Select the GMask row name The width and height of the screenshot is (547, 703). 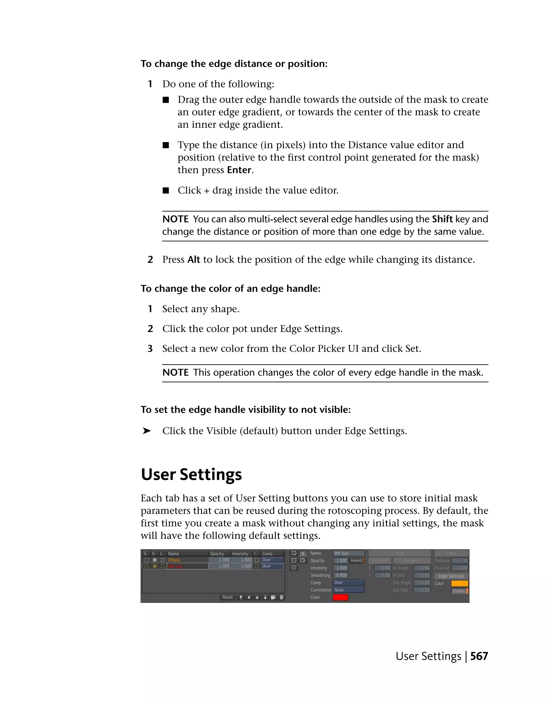(x=174, y=560)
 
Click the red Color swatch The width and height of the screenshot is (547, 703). (x=340, y=598)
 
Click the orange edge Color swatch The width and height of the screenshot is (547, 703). (x=459, y=583)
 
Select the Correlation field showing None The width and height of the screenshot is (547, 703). (x=348, y=590)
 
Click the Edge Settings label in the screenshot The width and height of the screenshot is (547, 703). (x=451, y=576)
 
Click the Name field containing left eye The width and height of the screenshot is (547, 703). (x=348, y=553)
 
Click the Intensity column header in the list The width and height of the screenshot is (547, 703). (x=240, y=554)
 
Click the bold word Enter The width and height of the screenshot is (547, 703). (x=239, y=170)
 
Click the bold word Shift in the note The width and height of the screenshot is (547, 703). (x=442, y=219)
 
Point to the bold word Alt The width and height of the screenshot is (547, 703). (x=194, y=260)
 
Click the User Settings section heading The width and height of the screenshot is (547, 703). (x=191, y=474)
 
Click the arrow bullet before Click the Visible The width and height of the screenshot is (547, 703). (x=147, y=431)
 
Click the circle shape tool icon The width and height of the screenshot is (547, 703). (x=294, y=568)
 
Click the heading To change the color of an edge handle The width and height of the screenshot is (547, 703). (x=230, y=288)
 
